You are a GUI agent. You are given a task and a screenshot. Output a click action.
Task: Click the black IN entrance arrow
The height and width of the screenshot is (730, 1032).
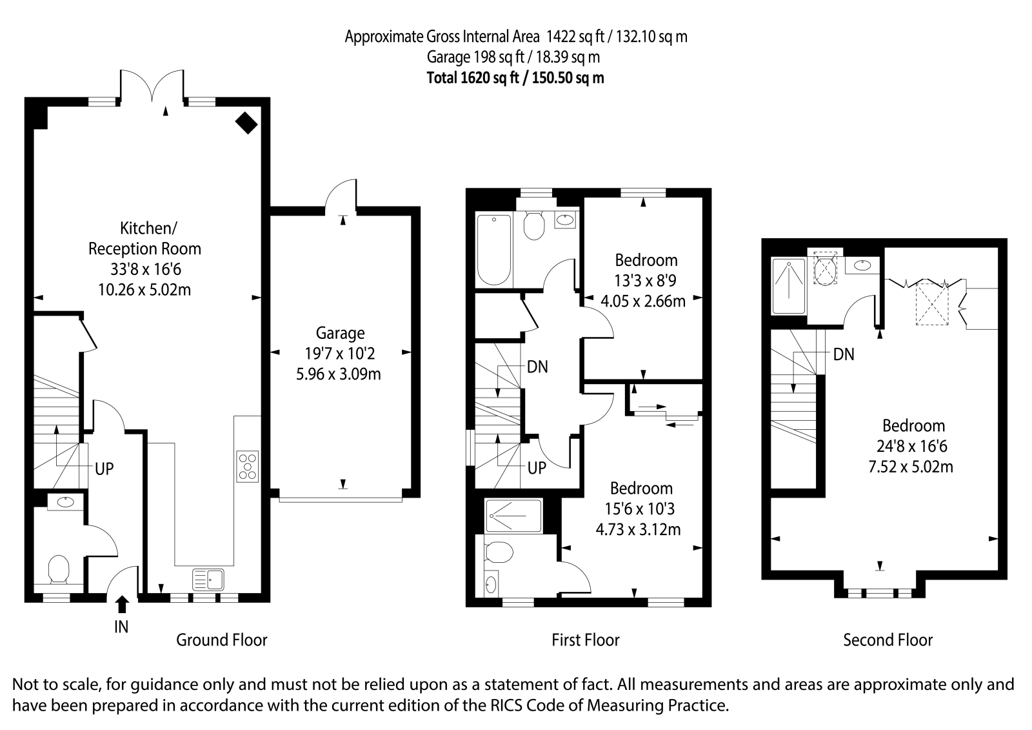[x=122, y=604]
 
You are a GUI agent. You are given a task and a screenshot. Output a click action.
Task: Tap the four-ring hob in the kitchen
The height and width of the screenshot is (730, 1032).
[x=248, y=466]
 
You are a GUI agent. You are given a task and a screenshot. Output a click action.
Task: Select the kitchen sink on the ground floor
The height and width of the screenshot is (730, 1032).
[x=208, y=580]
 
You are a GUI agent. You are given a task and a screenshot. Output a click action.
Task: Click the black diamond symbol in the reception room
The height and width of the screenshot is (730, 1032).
[x=246, y=123]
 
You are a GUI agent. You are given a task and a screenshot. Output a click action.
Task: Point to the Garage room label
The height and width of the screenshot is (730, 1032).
[x=340, y=333]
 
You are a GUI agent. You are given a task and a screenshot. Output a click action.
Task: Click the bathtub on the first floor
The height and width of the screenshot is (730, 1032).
[x=494, y=250]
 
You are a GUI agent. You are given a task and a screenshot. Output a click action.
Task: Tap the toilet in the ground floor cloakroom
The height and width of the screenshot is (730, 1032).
[x=59, y=569]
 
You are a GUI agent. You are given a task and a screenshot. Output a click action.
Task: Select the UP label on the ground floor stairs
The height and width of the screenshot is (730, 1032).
[x=104, y=469]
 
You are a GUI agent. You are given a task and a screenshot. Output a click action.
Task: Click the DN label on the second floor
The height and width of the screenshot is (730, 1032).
[x=844, y=354]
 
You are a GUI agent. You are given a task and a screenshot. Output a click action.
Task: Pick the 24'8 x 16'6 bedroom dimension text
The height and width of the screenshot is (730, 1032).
[x=911, y=446]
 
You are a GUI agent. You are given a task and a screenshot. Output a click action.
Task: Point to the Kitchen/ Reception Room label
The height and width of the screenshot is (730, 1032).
[x=145, y=238]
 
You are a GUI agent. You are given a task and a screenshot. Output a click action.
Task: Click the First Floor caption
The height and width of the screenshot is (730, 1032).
[x=586, y=640]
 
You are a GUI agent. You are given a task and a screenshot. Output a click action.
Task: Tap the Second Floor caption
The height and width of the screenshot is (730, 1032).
[x=888, y=640]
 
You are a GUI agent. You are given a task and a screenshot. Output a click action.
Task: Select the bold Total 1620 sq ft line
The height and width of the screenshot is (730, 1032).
[x=515, y=77]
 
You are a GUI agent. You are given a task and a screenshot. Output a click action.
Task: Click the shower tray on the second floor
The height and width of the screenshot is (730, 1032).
[x=788, y=286]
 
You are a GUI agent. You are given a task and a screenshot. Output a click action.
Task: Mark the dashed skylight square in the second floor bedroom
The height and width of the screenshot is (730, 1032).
[x=932, y=305]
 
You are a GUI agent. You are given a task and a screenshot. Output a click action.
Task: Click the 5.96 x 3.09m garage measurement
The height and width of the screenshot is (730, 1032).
[x=339, y=374]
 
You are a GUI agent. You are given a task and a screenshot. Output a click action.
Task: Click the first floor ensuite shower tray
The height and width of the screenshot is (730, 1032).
[x=513, y=516]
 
